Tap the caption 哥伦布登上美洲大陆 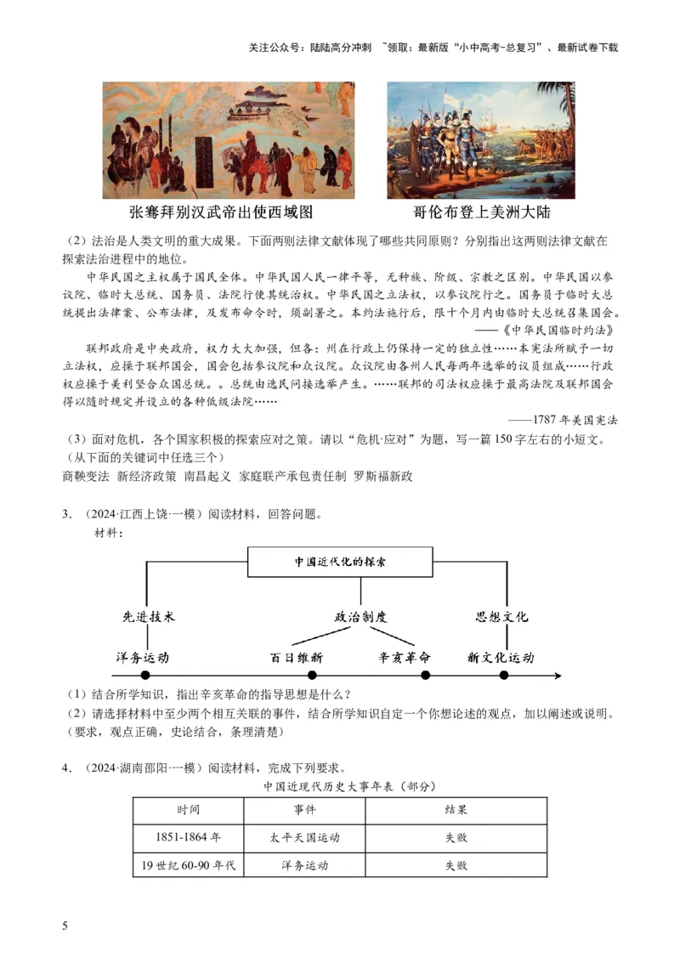coord(482,212)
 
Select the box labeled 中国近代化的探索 coord(339,563)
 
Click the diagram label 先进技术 coord(150,617)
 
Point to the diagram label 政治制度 coord(360,617)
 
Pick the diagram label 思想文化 coord(501,617)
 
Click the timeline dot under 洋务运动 coord(145,676)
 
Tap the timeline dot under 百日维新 coord(312,676)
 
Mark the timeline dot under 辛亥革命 coord(425,676)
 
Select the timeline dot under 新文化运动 coord(504,676)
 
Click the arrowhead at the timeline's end coord(558,676)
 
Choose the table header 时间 coord(189,810)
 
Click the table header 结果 coord(456,810)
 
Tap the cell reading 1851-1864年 coord(189,837)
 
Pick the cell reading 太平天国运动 coord(304,837)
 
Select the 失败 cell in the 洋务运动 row coord(456,865)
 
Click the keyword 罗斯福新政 coord(383,476)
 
